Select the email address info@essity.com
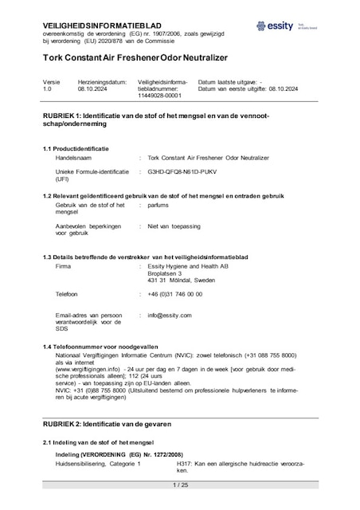(x=170, y=315)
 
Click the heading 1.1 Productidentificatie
(x=76, y=149)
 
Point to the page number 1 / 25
(x=179, y=484)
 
